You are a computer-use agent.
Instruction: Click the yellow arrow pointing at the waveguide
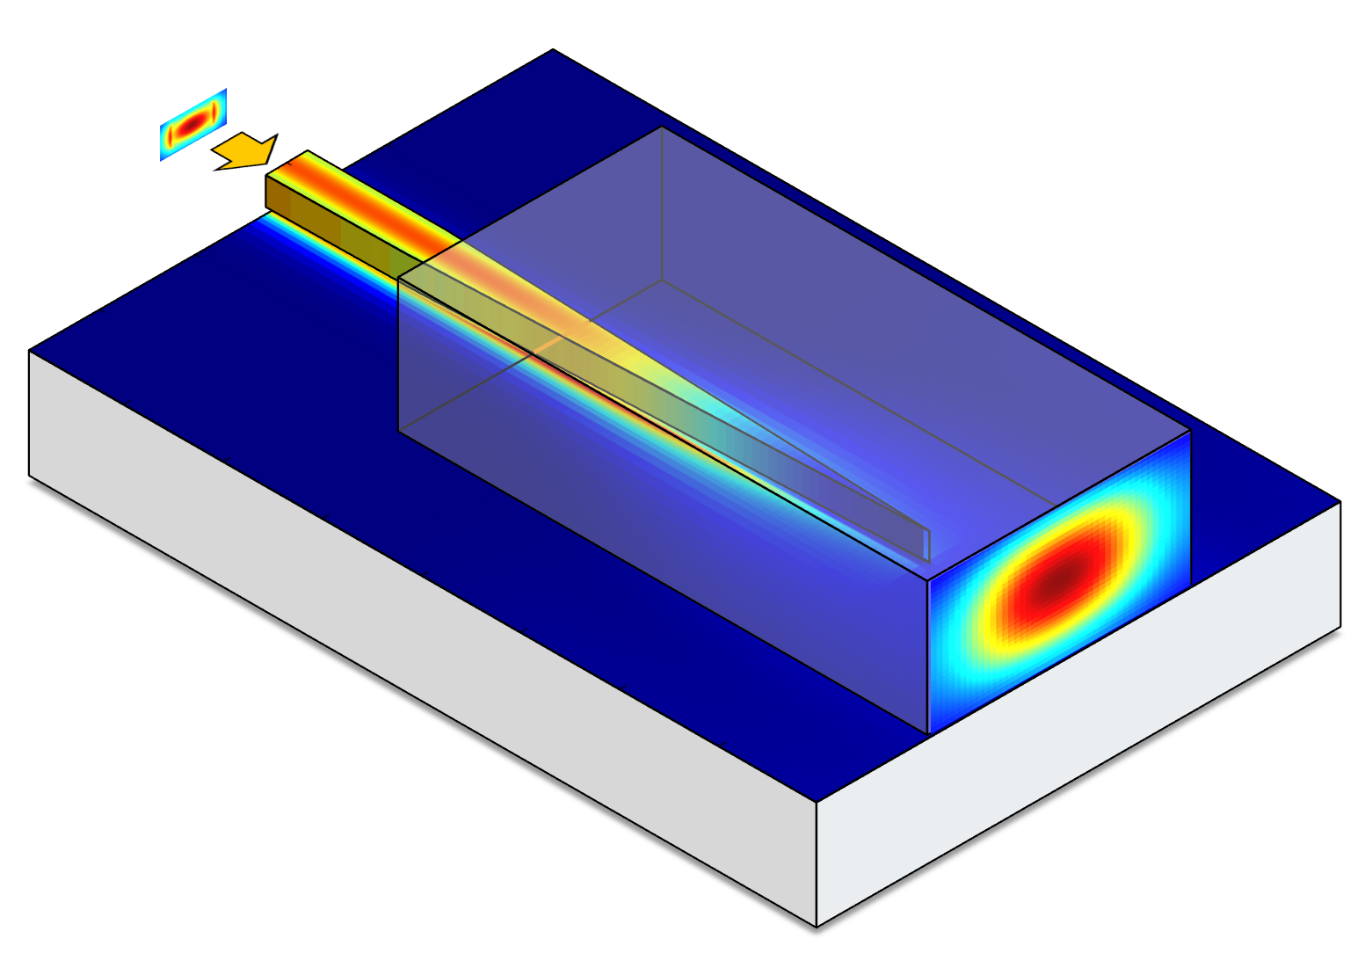coord(246,151)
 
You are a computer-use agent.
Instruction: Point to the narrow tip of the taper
coord(928,544)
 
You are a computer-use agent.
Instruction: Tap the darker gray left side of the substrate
coord(396,633)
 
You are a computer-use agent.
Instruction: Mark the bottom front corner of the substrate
coord(817,927)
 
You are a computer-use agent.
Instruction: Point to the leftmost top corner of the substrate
coord(29,351)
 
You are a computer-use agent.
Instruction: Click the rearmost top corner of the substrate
coord(553,49)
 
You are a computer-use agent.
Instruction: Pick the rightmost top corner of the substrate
coord(1340,501)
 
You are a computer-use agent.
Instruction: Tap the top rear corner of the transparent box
coord(661,127)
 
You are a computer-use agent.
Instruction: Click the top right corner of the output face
coord(1190,431)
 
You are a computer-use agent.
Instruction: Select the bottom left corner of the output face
coord(929,732)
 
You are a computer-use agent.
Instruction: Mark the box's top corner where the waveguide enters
coord(399,279)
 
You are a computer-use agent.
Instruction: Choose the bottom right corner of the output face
coord(1190,586)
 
